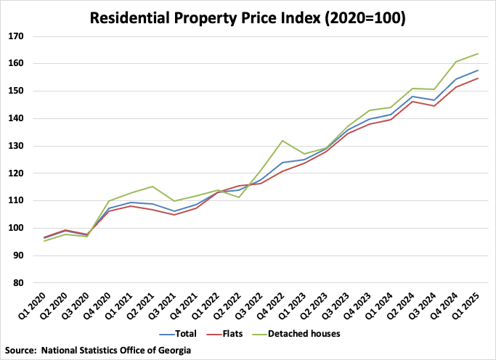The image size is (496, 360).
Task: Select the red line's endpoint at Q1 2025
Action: [478, 78]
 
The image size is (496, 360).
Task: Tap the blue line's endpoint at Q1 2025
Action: [478, 70]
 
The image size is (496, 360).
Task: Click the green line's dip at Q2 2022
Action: [239, 197]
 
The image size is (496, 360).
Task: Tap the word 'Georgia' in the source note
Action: [174, 350]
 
